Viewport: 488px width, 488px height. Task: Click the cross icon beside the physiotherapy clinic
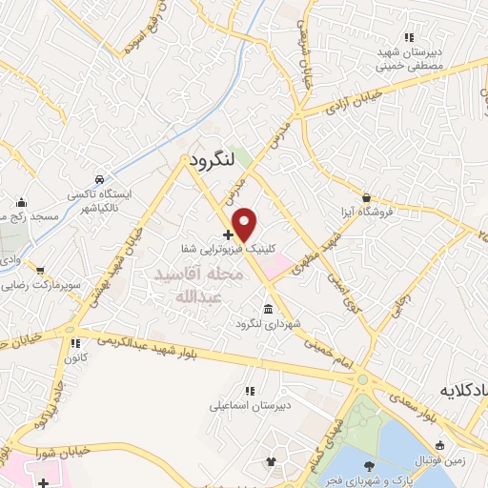click(x=227, y=234)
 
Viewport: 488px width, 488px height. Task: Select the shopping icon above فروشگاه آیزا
click(x=361, y=197)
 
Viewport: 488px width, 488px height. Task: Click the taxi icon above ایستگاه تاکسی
click(x=100, y=179)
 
